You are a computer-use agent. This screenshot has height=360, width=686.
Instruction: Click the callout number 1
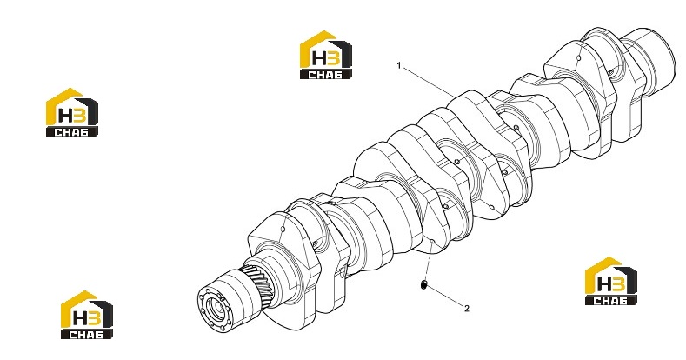[398, 65]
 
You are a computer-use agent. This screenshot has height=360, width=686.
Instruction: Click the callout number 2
[467, 309]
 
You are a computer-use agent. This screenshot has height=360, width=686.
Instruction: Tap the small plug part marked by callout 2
[423, 285]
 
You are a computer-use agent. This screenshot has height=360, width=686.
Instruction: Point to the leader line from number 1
[429, 82]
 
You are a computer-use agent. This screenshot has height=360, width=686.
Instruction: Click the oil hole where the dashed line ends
[432, 242]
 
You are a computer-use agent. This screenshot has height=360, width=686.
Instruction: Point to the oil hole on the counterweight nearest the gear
[283, 229]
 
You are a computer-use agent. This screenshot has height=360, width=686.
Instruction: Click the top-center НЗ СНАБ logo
[326, 55]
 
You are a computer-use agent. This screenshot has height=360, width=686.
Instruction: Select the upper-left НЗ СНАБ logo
[72, 112]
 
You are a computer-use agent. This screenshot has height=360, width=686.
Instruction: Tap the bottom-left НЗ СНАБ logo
[87, 315]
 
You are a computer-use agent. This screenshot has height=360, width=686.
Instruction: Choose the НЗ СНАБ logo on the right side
[611, 281]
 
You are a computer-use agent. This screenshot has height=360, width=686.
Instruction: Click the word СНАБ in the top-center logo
[326, 75]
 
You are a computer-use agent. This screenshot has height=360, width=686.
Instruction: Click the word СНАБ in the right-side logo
[611, 301]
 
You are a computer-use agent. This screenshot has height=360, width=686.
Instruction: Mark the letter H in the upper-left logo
[66, 116]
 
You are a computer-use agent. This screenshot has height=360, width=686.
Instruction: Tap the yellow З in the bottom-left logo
[95, 318]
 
